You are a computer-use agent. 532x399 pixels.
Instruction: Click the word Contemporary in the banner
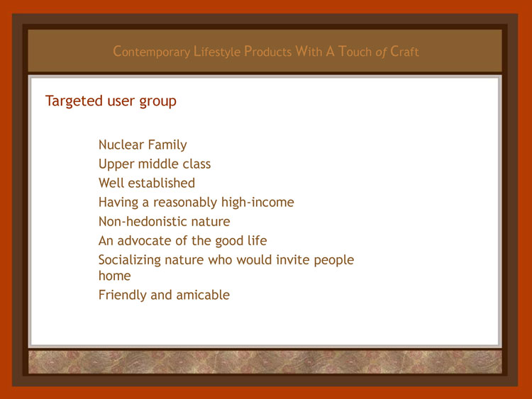click(x=151, y=52)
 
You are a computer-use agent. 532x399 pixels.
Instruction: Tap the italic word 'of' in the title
click(x=381, y=52)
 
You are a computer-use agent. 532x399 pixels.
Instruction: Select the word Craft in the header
click(x=404, y=52)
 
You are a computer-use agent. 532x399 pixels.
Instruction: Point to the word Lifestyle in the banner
click(x=217, y=52)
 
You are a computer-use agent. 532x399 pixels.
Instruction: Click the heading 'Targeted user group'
click(x=111, y=101)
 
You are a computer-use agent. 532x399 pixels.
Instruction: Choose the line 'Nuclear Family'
click(x=143, y=145)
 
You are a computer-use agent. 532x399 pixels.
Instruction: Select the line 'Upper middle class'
click(x=155, y=164)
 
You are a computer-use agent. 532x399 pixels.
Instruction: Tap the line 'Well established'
click(x=147, y=183)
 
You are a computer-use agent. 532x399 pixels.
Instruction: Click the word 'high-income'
click(x=257, y=203)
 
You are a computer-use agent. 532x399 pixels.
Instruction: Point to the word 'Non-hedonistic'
click(x=143, y=222)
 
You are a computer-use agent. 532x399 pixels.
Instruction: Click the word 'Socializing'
click(x=130, y=260)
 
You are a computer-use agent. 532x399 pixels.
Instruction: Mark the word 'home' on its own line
click(x=114, y=276)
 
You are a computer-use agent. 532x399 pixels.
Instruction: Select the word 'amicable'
click(x=203, y=295)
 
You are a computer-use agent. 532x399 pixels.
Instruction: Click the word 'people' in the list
click(x=333, y=260)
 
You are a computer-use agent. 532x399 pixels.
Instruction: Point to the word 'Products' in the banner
click(x=267, y=52)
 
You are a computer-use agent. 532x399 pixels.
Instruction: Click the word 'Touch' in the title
click(x=355, y=52)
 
